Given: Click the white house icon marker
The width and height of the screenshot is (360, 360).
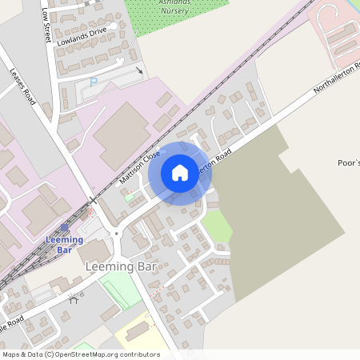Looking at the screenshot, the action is click(180, 172).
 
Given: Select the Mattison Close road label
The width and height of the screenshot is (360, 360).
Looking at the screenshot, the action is click(140, 167).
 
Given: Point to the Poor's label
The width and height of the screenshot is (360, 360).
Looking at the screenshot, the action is click(349, 162).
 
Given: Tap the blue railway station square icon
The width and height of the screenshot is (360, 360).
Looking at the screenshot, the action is click(65, 227).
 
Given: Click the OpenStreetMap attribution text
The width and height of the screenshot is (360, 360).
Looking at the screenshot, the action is click(81, 354).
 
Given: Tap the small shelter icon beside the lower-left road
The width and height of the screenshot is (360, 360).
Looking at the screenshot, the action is click(74, 301).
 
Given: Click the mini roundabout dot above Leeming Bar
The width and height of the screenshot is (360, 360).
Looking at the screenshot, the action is click(117, 234).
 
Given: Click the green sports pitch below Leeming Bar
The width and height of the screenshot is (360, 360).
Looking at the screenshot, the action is click(121, 292).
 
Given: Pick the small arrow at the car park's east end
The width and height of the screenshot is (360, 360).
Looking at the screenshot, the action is click(141, 70).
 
